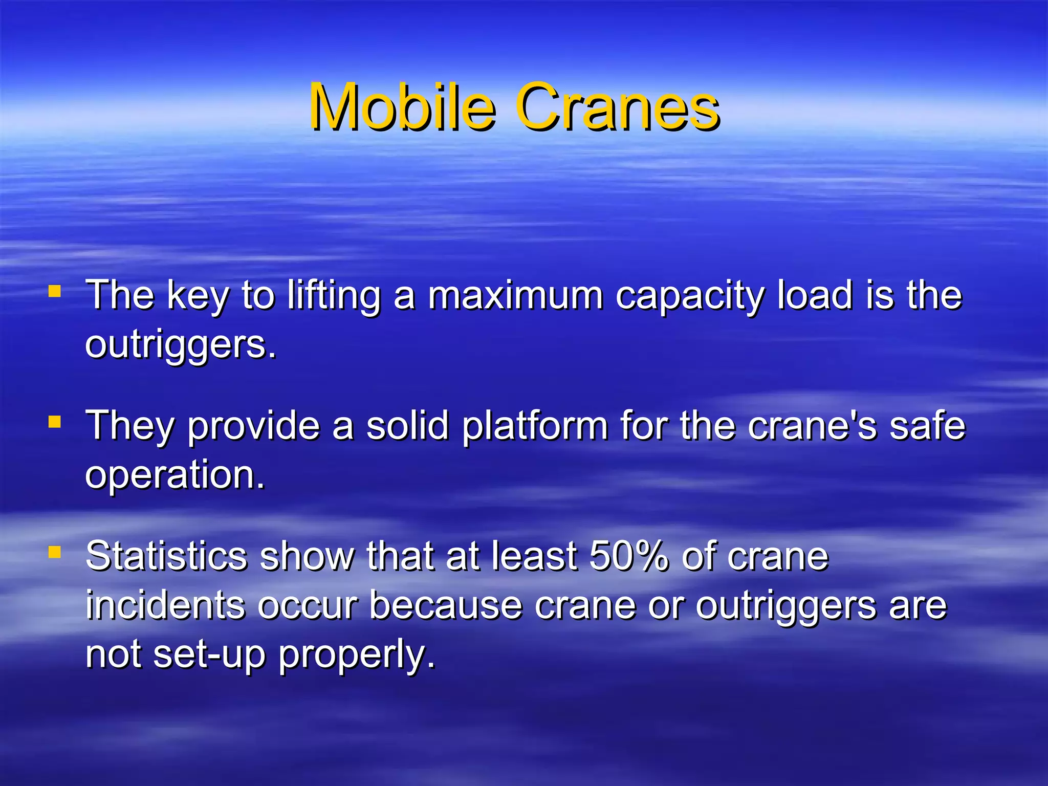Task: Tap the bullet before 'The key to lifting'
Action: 55,292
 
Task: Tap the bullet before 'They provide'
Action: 55,422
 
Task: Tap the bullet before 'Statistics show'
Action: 55,552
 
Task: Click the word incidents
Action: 165,605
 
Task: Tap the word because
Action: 446,605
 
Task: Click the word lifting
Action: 334,296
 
